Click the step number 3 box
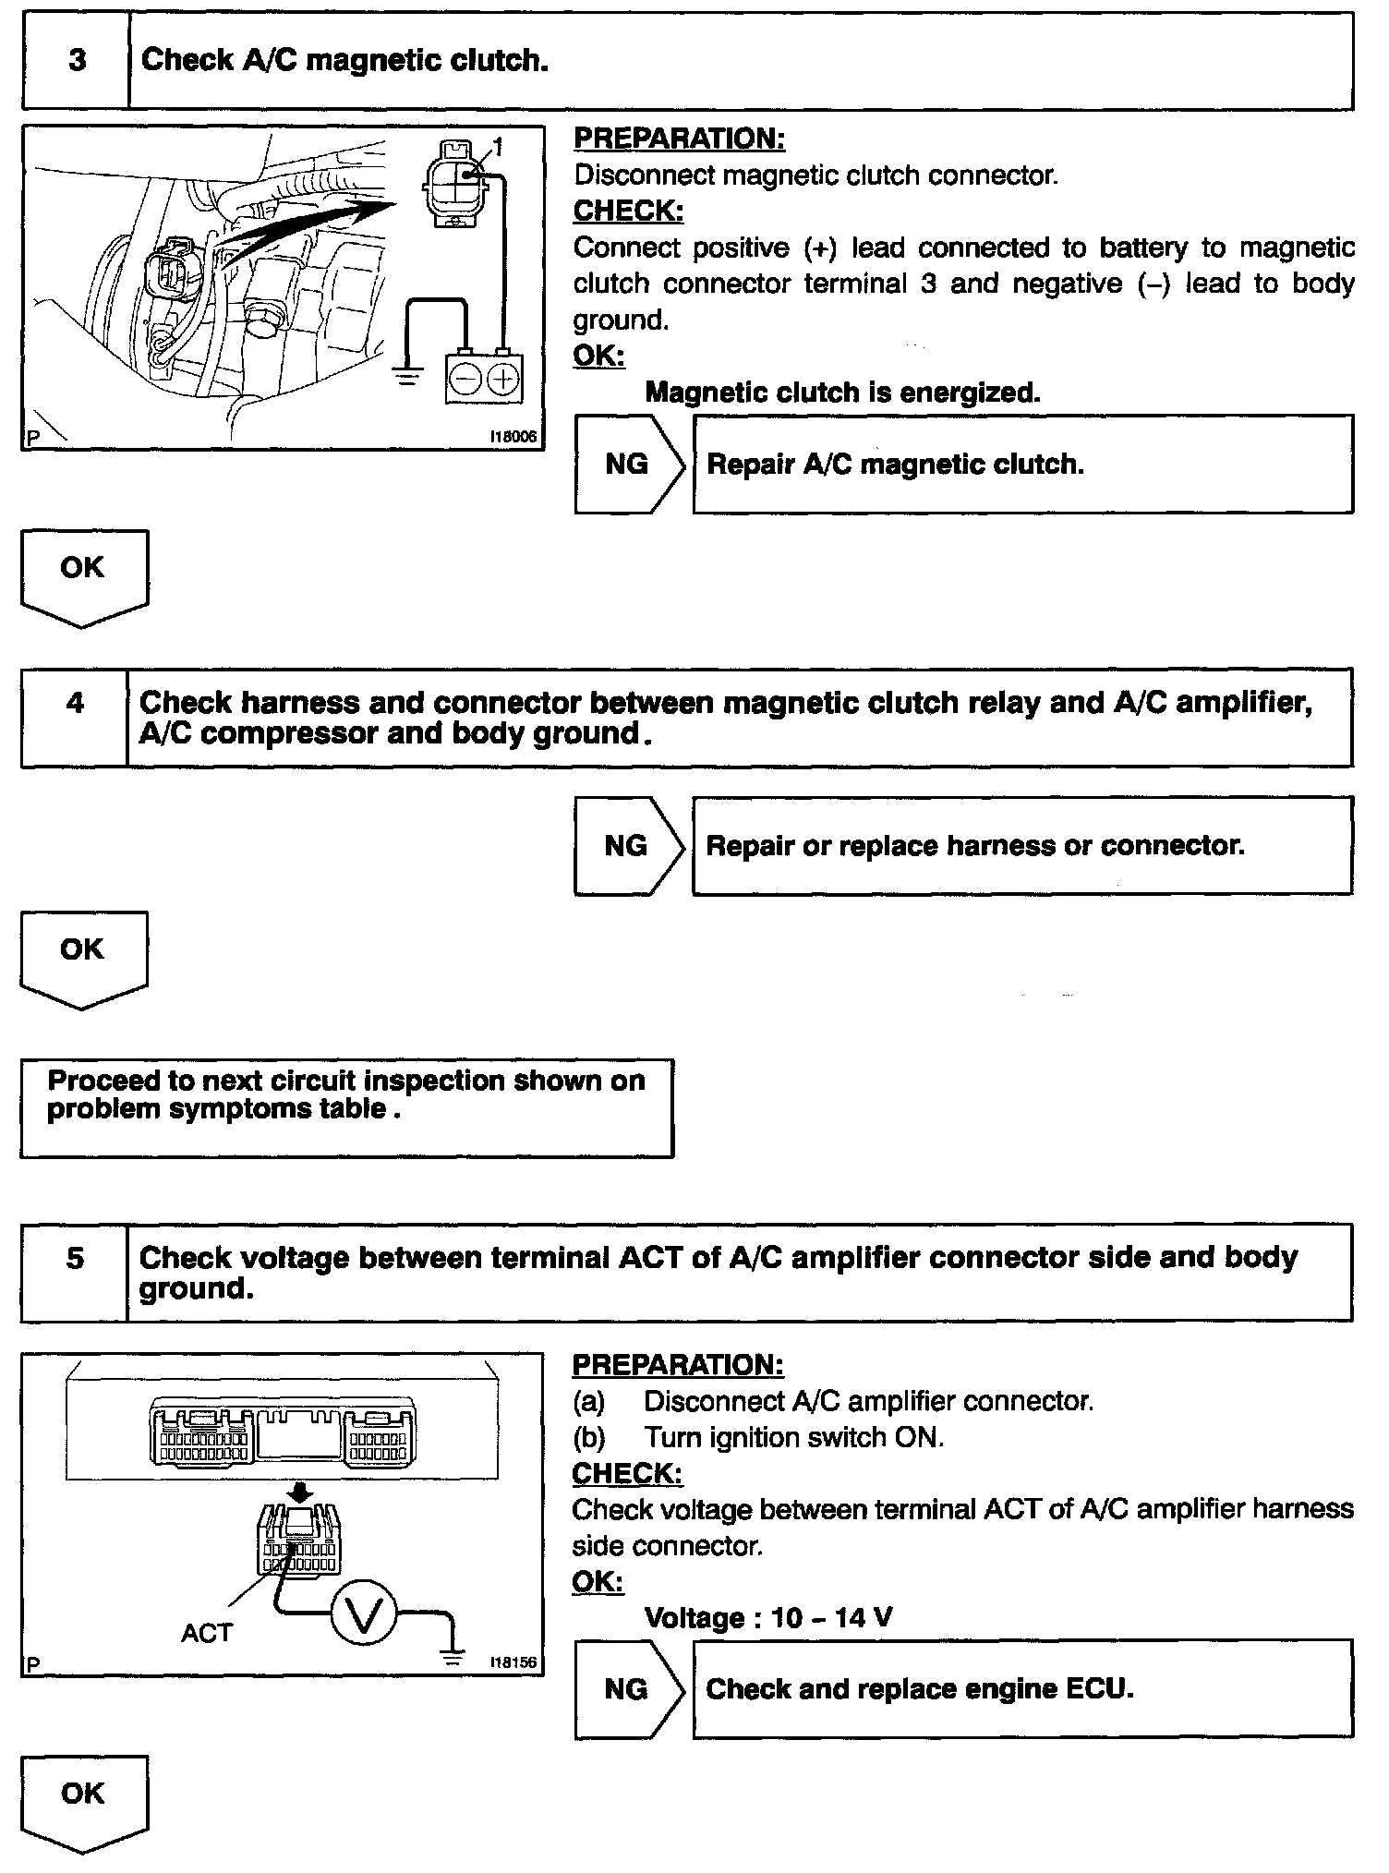[77, 61]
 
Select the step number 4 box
[75, 718]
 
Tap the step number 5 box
[75, 1272]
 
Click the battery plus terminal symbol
[502, 380]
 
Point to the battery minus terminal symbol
[466, 380]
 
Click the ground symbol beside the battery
[406, 376]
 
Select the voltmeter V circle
[363, 1615]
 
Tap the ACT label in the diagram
[207, 1633]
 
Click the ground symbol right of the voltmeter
[453, 1657]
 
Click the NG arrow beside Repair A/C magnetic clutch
[629, 464]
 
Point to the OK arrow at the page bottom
[83, 1802]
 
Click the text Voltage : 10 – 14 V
[767, 1617]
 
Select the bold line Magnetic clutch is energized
[842, 393]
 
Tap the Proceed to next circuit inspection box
[346, 1107]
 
